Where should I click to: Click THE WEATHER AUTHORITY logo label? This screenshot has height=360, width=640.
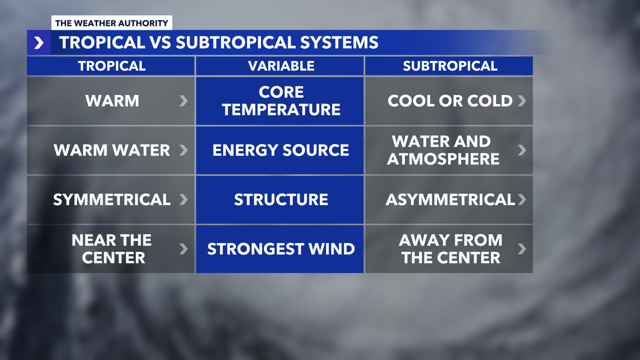point(111,23)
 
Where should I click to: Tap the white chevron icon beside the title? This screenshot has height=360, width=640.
point(39,43)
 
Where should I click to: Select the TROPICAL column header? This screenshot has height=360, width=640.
point(111,66)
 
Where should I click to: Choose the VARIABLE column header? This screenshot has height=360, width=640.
point(281,66)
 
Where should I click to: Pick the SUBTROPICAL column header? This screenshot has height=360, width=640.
point(449,66)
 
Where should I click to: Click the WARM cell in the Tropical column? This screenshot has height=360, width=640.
point(112,101)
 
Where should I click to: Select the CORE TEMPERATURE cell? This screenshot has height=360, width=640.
point(281,101)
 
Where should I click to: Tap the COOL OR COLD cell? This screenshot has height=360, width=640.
point(449,101)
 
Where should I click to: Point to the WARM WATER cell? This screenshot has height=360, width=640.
point(111,150)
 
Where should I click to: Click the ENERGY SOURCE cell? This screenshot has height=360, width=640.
point(281,150)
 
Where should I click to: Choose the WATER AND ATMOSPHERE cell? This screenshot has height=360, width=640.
point(443,150)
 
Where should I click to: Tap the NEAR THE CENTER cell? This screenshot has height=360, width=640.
point(111,249)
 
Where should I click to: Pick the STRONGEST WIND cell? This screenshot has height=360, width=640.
point(281,249)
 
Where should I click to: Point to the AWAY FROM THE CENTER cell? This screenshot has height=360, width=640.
point(450,249)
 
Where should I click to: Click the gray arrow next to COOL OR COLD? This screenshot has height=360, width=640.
point(522,101)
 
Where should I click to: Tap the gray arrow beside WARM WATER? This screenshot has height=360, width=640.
point(183,150)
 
